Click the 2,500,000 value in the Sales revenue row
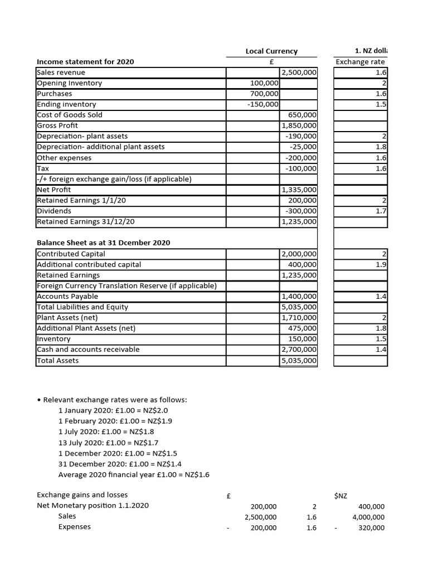pos(299,72)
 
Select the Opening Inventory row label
pos(70,83)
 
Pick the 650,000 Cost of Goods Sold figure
pos(303,115)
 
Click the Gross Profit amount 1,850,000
pos(299,125)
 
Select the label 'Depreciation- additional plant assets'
pos(100,147)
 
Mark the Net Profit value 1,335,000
pos(299,190)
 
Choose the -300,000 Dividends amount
pos(301,211)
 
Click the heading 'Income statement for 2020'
pos(85,62)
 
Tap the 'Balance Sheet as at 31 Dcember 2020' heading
pos(104,243)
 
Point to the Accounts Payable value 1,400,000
pos(299,296)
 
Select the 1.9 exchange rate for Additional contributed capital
pos(381,264)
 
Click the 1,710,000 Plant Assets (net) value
pos(299,318)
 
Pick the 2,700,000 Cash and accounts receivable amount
pos(299,350)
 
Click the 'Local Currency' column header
pos(271,51)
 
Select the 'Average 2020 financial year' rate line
pos(134,475)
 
